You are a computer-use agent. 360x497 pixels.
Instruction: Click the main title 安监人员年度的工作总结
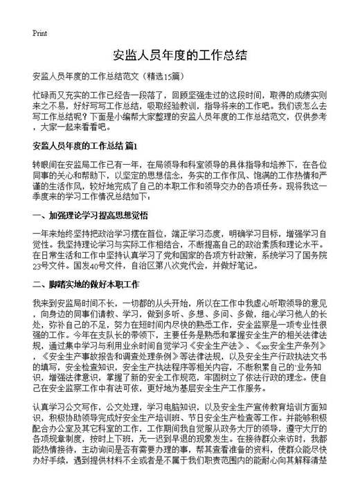(179, 56)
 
